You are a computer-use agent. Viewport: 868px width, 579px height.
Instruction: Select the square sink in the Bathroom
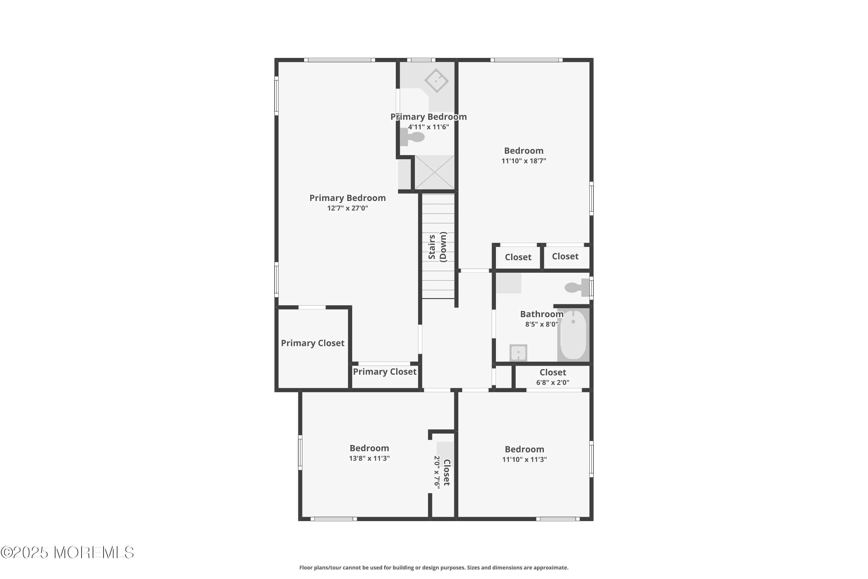pos(518,353)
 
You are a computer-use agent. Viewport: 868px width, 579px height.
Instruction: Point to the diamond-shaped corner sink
pos(436,80)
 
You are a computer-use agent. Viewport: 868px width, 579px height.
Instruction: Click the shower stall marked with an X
pos(434,173)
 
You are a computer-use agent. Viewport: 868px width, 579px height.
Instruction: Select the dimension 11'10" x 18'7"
pos(523,161)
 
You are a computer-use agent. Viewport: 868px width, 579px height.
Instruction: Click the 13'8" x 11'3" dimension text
pos(369,458)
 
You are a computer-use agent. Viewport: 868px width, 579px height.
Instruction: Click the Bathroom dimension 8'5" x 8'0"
pos(541,325)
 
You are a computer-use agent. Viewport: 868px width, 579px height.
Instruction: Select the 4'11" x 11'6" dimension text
pos(428,127)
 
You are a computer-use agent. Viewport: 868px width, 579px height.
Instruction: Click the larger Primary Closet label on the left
pos(312,343)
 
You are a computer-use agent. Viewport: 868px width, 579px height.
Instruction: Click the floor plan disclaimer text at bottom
pos(434,567)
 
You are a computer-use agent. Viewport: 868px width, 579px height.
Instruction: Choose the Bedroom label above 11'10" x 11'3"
pos(524,449)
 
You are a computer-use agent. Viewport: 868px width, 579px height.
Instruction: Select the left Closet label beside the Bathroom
pos(518,257)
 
